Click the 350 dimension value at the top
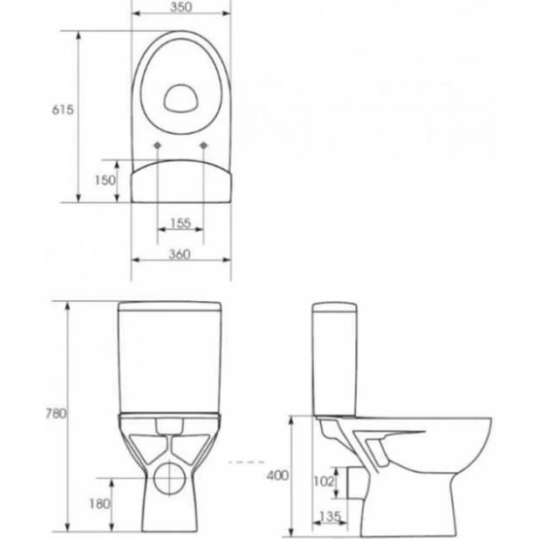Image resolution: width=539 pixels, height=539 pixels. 181,7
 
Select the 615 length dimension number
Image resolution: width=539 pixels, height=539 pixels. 63,110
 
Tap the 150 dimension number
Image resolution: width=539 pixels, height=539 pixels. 105,180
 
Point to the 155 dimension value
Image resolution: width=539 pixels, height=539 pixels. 181,223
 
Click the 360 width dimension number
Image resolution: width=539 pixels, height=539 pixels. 179,254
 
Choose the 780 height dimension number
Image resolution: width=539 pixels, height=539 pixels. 56,413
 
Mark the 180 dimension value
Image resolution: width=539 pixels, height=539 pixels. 100,504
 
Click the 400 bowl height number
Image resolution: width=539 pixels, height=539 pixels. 278,475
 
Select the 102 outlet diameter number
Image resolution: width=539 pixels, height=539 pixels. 323,481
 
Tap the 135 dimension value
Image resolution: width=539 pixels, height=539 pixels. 330,516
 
